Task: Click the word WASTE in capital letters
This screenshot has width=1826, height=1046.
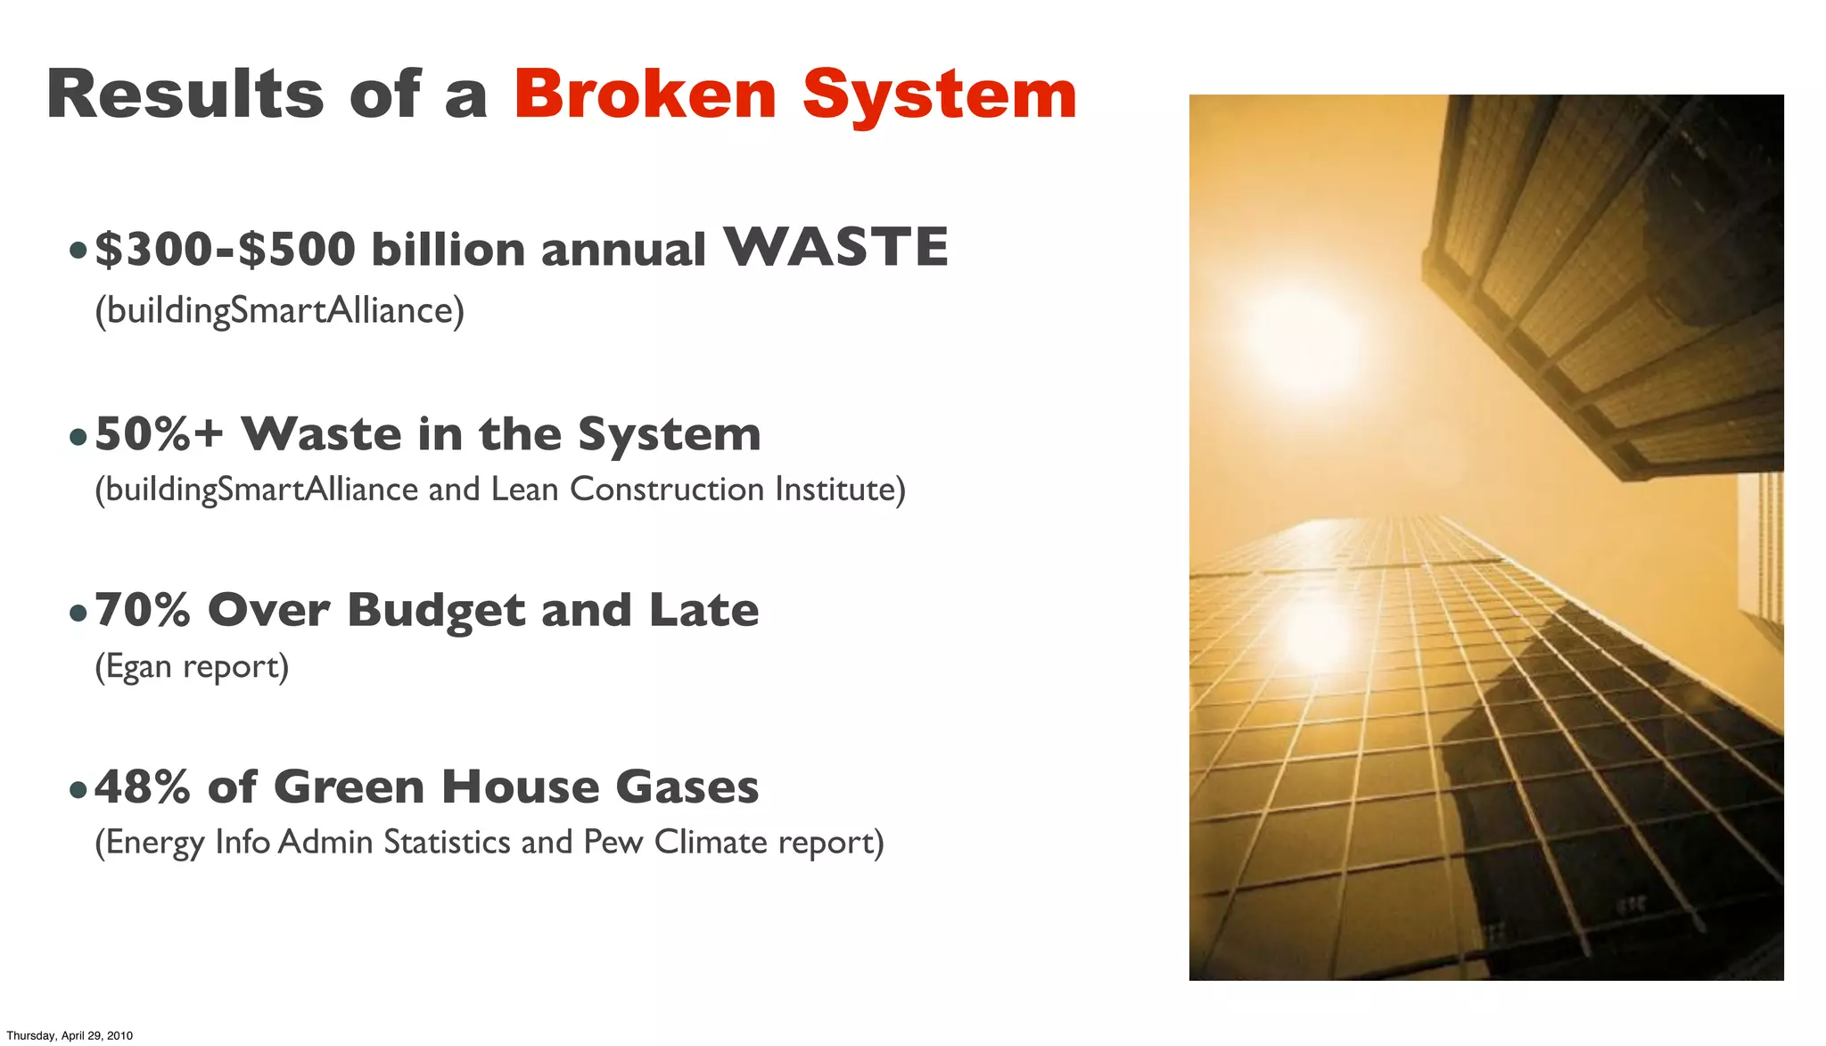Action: tap(835, 247)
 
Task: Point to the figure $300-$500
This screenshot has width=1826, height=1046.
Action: tap(225, 249)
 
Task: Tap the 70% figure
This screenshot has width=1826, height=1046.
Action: tap(143, 611)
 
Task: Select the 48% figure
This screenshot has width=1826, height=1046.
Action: tap(143, 787)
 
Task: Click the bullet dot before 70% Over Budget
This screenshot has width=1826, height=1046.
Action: tap(78, 613)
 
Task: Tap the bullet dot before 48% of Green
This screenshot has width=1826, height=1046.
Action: tap(78, 789)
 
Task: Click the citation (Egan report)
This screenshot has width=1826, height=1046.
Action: tap(192, 666)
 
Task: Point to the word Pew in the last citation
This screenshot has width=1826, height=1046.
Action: tap(613, 842)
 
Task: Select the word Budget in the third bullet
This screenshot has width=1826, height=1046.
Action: tap(436, 612)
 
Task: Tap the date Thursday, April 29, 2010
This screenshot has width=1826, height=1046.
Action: tap(70, 1035)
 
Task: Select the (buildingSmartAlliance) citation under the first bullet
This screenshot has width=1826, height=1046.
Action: tap(279, 310)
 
